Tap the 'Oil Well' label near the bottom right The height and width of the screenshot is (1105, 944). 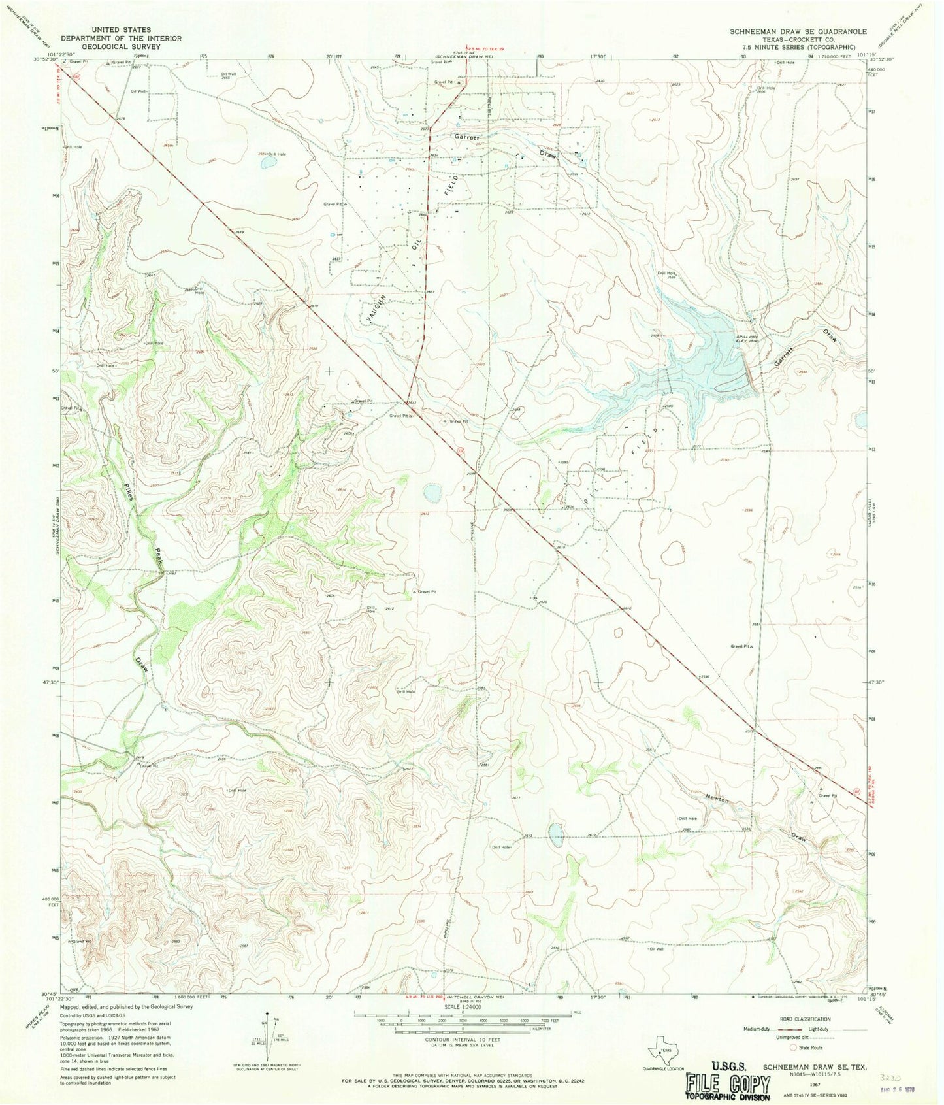655,949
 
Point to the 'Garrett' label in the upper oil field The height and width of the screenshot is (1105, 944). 468,139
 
